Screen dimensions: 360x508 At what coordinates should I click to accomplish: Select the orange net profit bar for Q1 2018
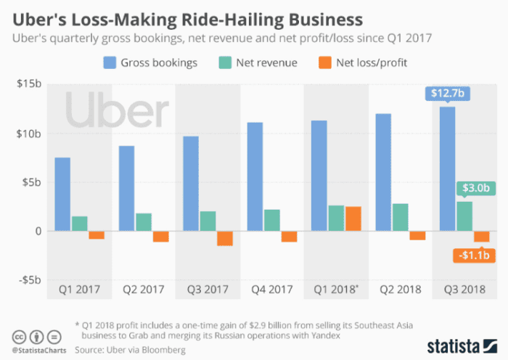(353, 218)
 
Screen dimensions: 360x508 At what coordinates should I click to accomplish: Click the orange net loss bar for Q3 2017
(225, 238)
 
